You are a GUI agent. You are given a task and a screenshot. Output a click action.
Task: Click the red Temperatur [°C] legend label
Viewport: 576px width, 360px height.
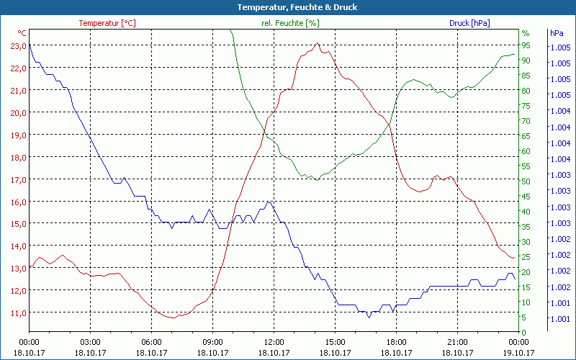pyautogui.click(x=107, y=23)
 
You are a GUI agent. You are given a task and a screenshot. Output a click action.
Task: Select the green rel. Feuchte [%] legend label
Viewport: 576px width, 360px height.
pyautogui.click(x=289, y=23)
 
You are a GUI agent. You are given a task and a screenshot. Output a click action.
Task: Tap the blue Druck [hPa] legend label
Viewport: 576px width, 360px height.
pyautogui.click(x=469, y=23)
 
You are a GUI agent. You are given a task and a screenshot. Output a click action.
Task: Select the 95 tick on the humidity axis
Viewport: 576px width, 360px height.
pyautogui.click(x=526, y=45)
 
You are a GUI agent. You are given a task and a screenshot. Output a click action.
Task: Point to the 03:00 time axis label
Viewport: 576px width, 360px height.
pyautogui.click(x=90, y=342)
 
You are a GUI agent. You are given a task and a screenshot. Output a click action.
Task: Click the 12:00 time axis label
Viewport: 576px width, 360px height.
pyautogui.click(x=274, y=342)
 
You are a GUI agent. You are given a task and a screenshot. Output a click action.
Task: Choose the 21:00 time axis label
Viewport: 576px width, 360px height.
pyautogui.click(x=457, y=342)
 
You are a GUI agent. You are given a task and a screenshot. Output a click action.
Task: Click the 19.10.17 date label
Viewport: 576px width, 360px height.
pyautogui.click(x=518, y=353)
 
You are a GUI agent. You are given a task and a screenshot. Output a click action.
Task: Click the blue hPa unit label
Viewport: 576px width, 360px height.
pyautogui.click(x=557, y=33)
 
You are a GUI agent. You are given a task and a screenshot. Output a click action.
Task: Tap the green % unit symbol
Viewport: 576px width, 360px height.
pyautogui.click(x=526, y=33)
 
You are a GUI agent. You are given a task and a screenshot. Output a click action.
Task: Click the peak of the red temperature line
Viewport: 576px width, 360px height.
pyautogui.click(x=318, y=44)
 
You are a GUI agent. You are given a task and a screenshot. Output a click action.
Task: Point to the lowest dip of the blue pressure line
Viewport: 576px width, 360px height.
pyautogui.click(x=369, y=317)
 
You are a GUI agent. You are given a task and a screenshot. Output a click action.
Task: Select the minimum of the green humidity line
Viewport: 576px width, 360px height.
pyautogui.click(x=317, y=180)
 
